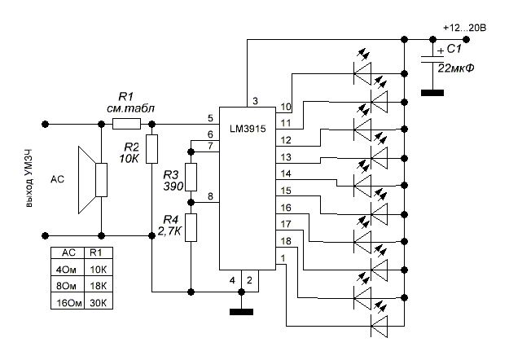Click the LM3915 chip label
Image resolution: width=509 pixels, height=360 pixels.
click(x=248, y=129)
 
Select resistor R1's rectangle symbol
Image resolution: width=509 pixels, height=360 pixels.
click(x=126, y=124)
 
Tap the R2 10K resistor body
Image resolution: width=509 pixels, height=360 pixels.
click(x=151, y=149)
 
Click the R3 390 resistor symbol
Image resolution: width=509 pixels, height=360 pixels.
click(x=191, y=177)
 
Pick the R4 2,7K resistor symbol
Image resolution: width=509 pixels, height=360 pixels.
click(x=191, y=227)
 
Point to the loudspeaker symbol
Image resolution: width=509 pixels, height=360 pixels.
click(x=93, y=180)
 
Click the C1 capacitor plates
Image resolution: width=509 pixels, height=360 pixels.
click(x=432, y=59)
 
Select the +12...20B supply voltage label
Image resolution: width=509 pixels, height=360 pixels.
click(x=465, y=29)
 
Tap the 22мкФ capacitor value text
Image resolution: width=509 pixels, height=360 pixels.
click(x=456, y=68)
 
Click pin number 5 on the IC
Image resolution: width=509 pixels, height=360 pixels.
click(x=210, y=118)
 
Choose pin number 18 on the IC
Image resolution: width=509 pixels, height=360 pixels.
click(x=286, y=241)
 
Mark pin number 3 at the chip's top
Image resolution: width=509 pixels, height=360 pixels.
click(x=255, y=101)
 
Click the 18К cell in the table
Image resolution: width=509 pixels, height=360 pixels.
click(x=99, y=286)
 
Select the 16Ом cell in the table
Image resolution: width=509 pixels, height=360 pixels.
click(x=68, y=302)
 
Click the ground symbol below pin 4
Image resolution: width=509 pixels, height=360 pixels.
click(x=241, y=312)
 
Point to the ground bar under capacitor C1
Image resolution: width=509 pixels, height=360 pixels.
click(x=432, y=93)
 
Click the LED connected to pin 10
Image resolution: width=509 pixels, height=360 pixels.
click(x=362, y=73)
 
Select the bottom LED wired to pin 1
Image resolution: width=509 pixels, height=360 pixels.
click(x=380, y=326)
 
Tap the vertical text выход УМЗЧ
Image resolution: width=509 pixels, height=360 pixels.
click(x=29, y=178)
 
